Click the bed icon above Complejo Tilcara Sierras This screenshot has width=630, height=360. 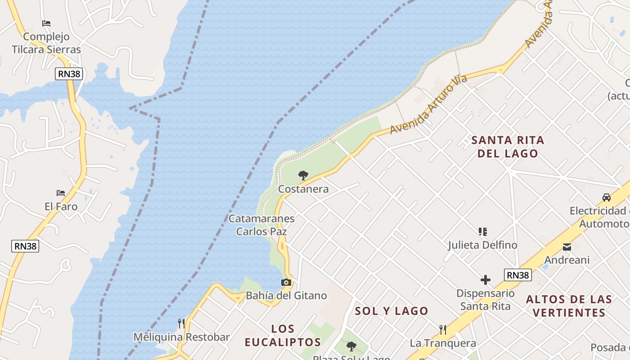(x=46, y=23)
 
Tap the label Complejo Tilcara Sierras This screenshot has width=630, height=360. (x=46, y=43)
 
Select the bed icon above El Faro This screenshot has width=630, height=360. (x=61, y=193)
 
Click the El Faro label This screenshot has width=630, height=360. (x=61, y=207)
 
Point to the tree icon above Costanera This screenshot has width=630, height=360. (x=303, y=175)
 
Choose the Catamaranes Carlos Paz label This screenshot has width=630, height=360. (x=261, y=225)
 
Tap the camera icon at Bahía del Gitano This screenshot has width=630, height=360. (x=286, y=283)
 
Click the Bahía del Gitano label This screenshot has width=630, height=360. (x=286, y=296)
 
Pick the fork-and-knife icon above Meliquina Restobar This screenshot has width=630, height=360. (x=181, y=324)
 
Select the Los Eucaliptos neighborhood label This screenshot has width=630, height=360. (x=283, y=335)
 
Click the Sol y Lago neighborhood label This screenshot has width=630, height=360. (x=391, y=311)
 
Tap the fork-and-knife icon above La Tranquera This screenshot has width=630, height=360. (x=443, y=330)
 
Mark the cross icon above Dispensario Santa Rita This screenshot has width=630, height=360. (x=485, y=280)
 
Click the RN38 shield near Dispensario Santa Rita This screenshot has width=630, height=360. (x=518, y=275)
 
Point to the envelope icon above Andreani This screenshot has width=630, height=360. (x=567, y=247)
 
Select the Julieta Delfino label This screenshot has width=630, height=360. (x=482, y=245)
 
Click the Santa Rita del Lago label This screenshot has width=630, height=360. (x=508, y=147)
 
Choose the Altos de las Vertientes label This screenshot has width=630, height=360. (x=569, y=306)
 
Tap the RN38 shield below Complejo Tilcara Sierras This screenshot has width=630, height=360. (x=69, y=74)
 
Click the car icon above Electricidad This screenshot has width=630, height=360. (x=607, y=197)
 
